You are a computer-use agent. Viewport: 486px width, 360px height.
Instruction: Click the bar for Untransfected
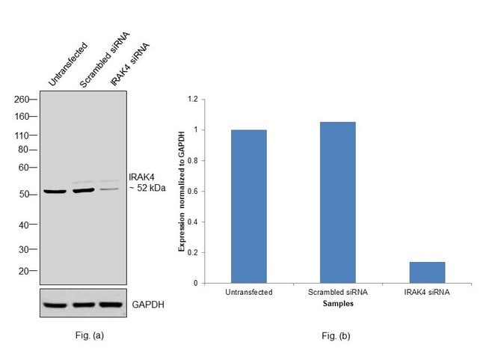249,207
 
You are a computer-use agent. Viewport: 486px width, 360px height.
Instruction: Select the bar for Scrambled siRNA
338,202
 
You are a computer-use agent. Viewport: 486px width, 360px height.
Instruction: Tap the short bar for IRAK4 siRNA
427,272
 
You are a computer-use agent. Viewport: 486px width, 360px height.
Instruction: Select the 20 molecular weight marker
23,271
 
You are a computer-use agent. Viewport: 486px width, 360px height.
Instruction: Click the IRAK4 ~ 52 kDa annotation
147,183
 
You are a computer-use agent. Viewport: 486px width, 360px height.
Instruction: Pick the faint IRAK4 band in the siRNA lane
109,189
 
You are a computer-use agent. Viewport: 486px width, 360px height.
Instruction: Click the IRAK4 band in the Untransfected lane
55,192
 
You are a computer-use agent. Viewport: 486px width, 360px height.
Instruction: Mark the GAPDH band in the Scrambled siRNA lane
82,305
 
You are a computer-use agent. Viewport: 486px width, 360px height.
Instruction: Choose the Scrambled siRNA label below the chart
338,292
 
